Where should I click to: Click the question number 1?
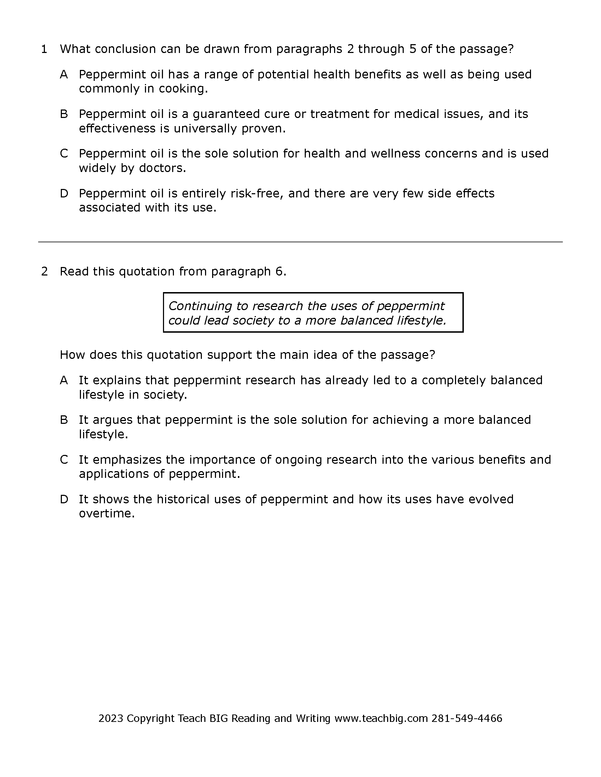pyautogui.click(x=44, y=49)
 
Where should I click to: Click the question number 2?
pyautogui.click(x=45, y=272)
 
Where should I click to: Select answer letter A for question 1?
pyautogui.click(x=64, y=75)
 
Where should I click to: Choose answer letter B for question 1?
pyautogui.click(x=64, y=114)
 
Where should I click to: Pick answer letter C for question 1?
pyautogui.click(x=64, y=154)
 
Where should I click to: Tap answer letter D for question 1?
pyautogui.click(x=64, y=194)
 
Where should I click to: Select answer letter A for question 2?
pyautogui.click(x=64, y=380)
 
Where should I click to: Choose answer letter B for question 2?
pyautogui.click(x=64, y=420)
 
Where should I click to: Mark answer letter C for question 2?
pyautogui.click(x=64, y=459)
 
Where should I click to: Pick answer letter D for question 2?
pyautogui.click(x=64, y=499)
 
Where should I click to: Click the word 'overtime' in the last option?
pyautogui.click(x=106, y=514)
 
